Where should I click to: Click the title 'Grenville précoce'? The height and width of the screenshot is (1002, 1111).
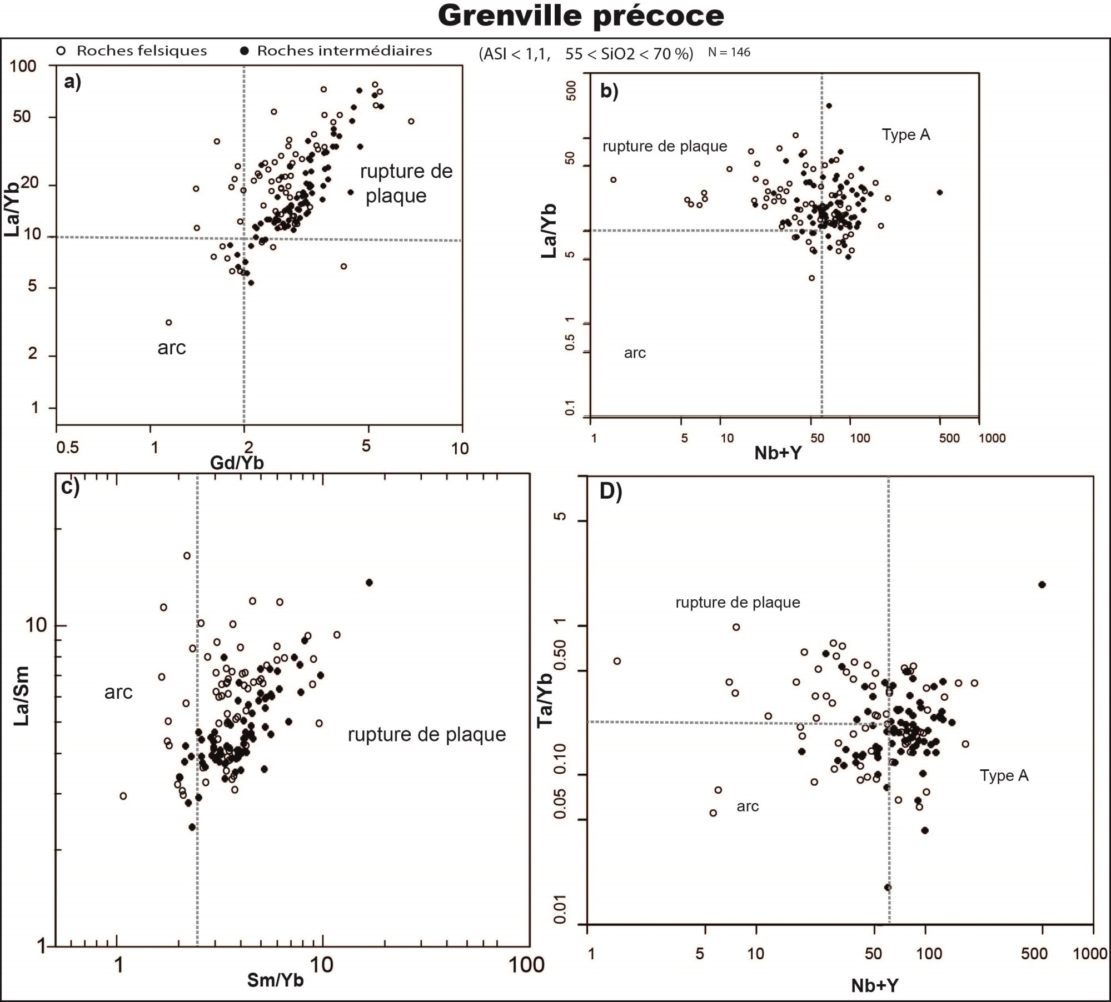tap(581, 16)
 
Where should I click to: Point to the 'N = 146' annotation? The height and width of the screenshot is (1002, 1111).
tap(729, 53)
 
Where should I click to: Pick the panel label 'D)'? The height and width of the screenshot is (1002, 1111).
tap(610, 492)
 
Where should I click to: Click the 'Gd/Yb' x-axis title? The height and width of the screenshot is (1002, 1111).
tap(237, 463)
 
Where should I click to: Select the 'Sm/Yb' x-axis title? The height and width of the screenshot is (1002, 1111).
tap(276, 980)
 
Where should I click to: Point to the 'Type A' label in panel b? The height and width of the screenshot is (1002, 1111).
tap(906, 135)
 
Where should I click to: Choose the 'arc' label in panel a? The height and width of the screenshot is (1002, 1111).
tap(171, 348)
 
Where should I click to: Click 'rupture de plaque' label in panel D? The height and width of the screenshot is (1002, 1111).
tap(738, 603)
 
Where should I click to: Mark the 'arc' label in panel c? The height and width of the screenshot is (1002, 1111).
tap(118, 692)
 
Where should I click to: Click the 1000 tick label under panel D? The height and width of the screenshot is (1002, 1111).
tap(1090, 954)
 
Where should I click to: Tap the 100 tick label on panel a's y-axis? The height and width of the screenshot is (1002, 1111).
tap(23, 67)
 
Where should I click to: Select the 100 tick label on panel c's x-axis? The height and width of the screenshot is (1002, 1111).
tap(526, 965)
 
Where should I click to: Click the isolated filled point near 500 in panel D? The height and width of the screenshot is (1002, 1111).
tap(1042, 584)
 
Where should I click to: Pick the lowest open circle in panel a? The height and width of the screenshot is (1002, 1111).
tap(169, 322)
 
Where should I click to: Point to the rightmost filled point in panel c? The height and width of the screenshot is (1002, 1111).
tap(369, 582)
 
